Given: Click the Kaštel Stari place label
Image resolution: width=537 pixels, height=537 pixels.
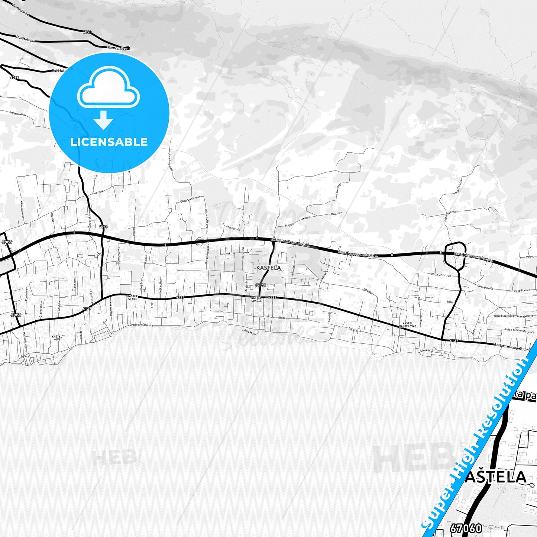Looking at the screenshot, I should pos(133,297).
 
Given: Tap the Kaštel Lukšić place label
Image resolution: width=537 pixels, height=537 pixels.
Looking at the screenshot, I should pos(256,299).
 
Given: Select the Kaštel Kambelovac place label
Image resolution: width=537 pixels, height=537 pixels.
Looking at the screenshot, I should pos(407,324).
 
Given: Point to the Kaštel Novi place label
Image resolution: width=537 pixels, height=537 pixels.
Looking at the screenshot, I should pos(57,338).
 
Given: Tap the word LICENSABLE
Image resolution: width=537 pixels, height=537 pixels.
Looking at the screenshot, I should pos(109,142).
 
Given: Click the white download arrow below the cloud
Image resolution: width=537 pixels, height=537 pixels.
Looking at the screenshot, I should pos(103,120).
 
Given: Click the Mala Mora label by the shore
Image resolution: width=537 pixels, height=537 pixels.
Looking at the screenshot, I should pos(250,331).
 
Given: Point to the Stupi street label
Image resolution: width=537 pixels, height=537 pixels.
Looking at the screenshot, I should pos(281,318).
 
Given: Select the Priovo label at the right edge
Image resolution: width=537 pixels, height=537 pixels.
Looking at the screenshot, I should pos(530,256).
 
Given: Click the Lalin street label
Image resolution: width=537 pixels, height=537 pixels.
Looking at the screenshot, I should pos(451,302).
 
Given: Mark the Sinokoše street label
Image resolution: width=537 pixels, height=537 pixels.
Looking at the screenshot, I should pos(229,253).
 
